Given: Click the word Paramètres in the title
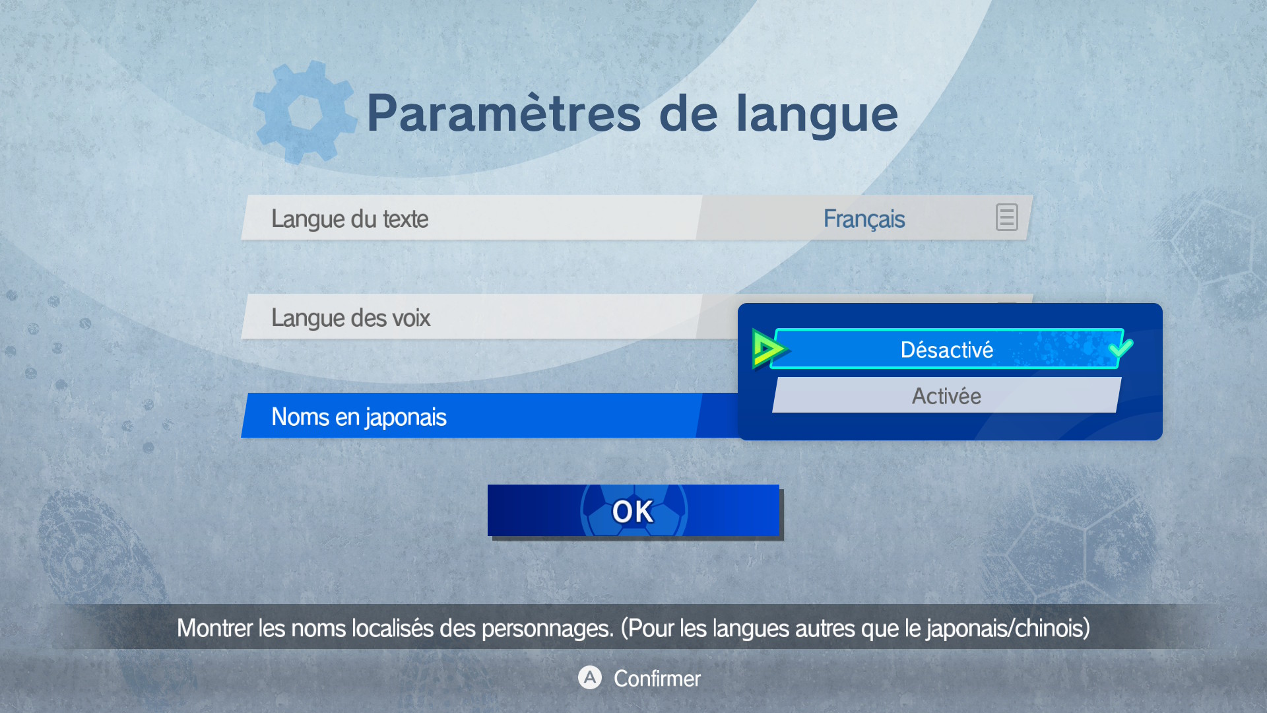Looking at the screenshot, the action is tap(504, 114).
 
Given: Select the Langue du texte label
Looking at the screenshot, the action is tap(350, 219).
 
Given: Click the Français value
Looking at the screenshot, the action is tap(864, 219).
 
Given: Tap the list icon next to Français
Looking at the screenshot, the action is tap(1006, 217).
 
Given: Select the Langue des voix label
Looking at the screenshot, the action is tap(350, 318).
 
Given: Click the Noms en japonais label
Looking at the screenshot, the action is tap(359, 417).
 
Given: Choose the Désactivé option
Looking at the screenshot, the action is tap(947, 349).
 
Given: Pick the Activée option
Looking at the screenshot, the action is tap(946, 395).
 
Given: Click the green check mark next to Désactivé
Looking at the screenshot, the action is tap(1121, 348).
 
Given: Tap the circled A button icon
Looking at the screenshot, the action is tap(590, 677).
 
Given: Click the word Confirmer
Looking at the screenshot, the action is tap(657, 679).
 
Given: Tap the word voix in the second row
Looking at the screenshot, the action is tap(411, 318).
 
